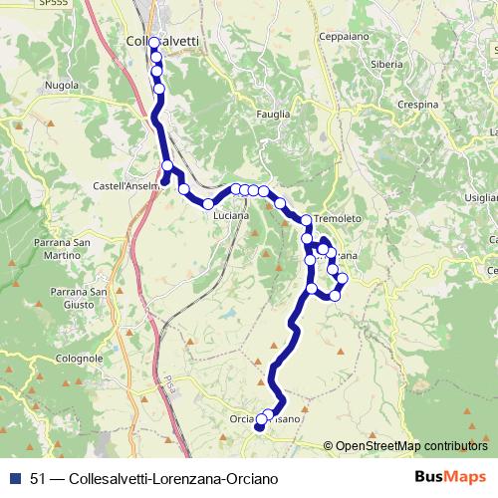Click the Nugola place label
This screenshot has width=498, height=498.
pos(62,86)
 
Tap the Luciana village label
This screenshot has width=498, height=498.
pos(230,213)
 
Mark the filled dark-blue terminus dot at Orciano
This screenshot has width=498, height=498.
pos(259,428)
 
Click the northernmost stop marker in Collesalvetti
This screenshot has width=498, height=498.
pos(154,43)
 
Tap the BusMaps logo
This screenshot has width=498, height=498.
pos(451,477)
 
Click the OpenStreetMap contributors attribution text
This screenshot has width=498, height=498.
pos(411,446)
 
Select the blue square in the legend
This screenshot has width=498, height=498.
pos(14,478)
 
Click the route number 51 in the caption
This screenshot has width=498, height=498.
pos(38,478)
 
